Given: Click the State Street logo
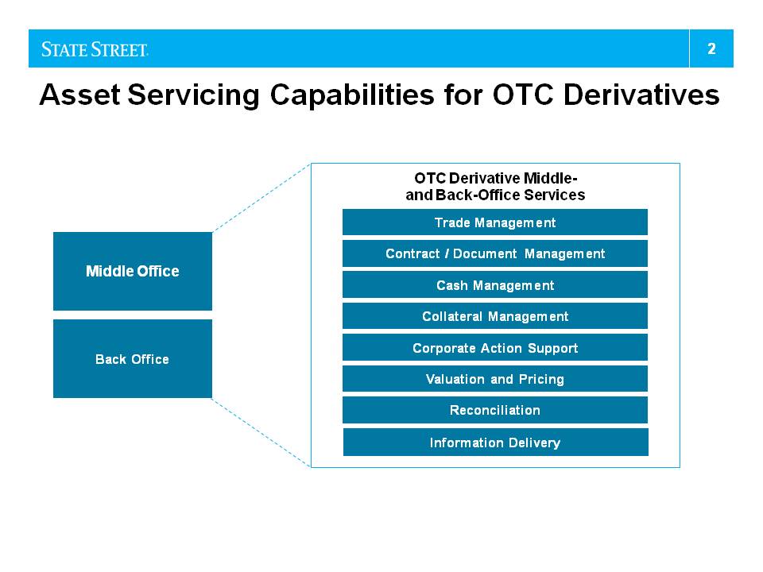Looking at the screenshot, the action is coord(95,49).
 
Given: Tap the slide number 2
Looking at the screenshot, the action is coord(711,48).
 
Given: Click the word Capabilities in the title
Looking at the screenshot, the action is coord(352,95).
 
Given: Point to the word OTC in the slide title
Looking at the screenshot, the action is coord(523,94).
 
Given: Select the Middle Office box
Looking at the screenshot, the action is coord(133,271).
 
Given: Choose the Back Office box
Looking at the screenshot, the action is coord(133,358).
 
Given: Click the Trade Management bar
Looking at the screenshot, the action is coord(495,222).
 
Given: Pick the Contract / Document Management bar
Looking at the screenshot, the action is coord(495,253).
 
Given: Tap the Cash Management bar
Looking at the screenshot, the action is coord(495,284).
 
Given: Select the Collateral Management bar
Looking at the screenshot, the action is coord(495,316).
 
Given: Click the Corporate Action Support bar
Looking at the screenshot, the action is coord(495,347).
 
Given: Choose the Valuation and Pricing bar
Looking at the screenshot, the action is coord(495,378).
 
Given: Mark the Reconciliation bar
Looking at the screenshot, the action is coord(495,410).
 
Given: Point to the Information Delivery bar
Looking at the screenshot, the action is coord(495,443).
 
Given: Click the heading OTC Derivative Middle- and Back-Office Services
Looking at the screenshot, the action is coord(495,186).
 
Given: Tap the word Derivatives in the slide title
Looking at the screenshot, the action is coord(641,94).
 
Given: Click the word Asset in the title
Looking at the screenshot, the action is coord(79,94).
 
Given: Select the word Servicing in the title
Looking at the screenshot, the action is coord(194,95).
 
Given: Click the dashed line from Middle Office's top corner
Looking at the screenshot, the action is coord(261,198).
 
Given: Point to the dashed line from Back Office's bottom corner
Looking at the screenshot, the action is coord(261,432).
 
